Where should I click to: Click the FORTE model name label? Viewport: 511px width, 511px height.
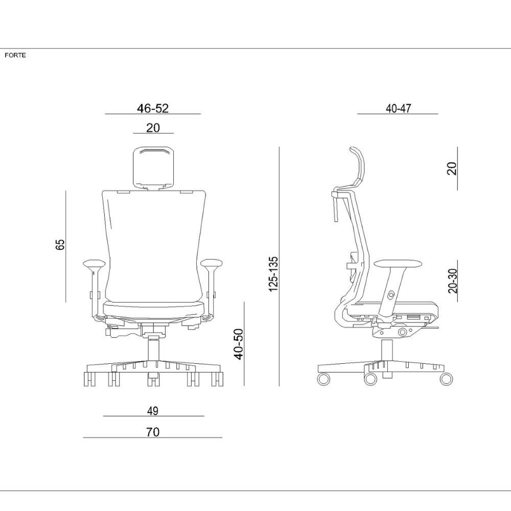point(15,55)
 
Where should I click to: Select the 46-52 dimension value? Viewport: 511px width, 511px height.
point(153,108)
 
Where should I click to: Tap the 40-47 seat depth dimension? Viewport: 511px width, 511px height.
point(398,108)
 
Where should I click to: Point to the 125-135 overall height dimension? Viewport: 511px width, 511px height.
point(273,274)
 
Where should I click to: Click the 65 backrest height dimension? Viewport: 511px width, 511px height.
point(60,244)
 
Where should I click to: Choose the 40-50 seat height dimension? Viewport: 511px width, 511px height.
point(239,344)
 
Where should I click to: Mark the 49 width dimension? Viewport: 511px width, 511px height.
point(153,411)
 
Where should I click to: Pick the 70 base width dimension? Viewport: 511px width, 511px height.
point(153,432)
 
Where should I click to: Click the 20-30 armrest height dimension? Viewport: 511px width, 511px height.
point(453,281)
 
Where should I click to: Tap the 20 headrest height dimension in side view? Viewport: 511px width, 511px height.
point(452,169)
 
